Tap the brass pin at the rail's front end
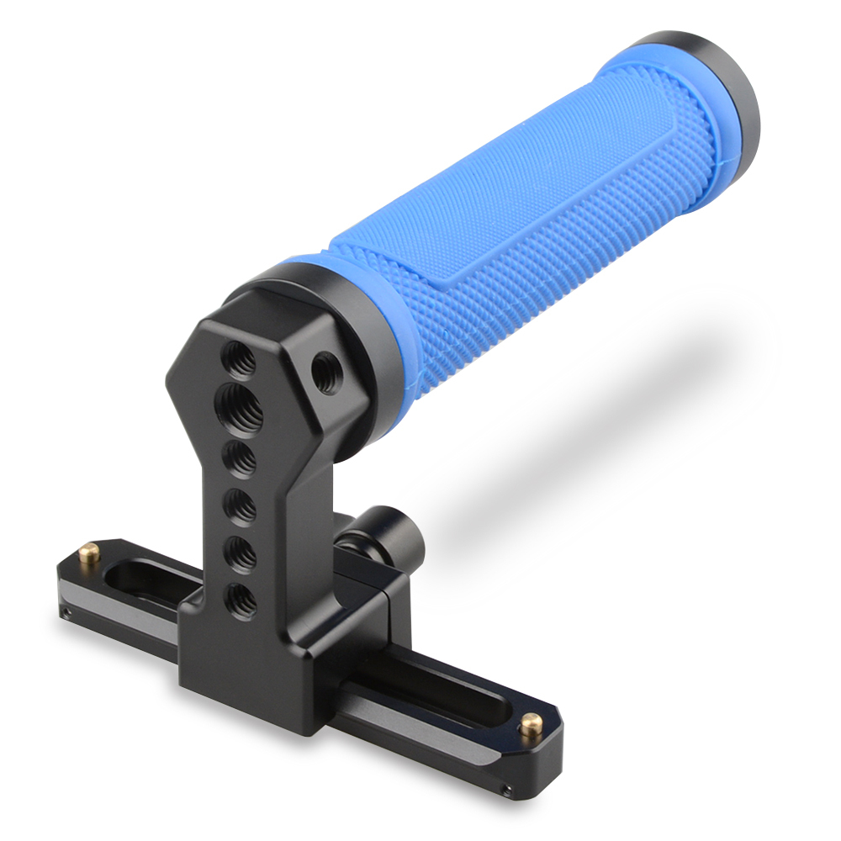pyautogui.click(x=531, y=723)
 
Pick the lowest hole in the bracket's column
pyautogui.click(x=241, y=598)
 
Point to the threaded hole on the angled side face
pyautogui.click(x=325, y=371)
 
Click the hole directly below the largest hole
pyautogui.click(x=241, y=459)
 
